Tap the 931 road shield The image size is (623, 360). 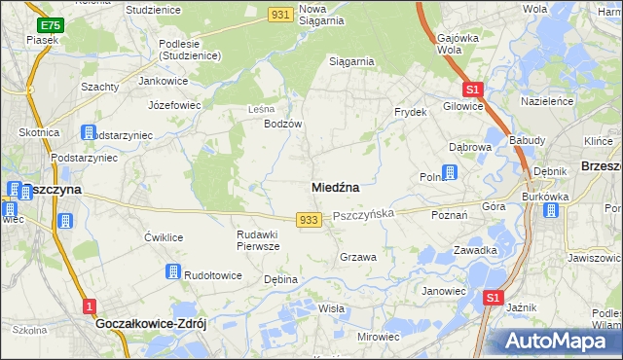pos(281,14)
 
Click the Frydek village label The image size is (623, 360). pos(411,112)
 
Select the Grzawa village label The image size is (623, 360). pos(358,257)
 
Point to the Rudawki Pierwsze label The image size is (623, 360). pos(259,240)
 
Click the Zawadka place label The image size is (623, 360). pos(475,249)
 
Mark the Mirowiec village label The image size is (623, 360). pos(379,336)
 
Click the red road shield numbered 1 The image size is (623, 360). pos(90,306)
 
